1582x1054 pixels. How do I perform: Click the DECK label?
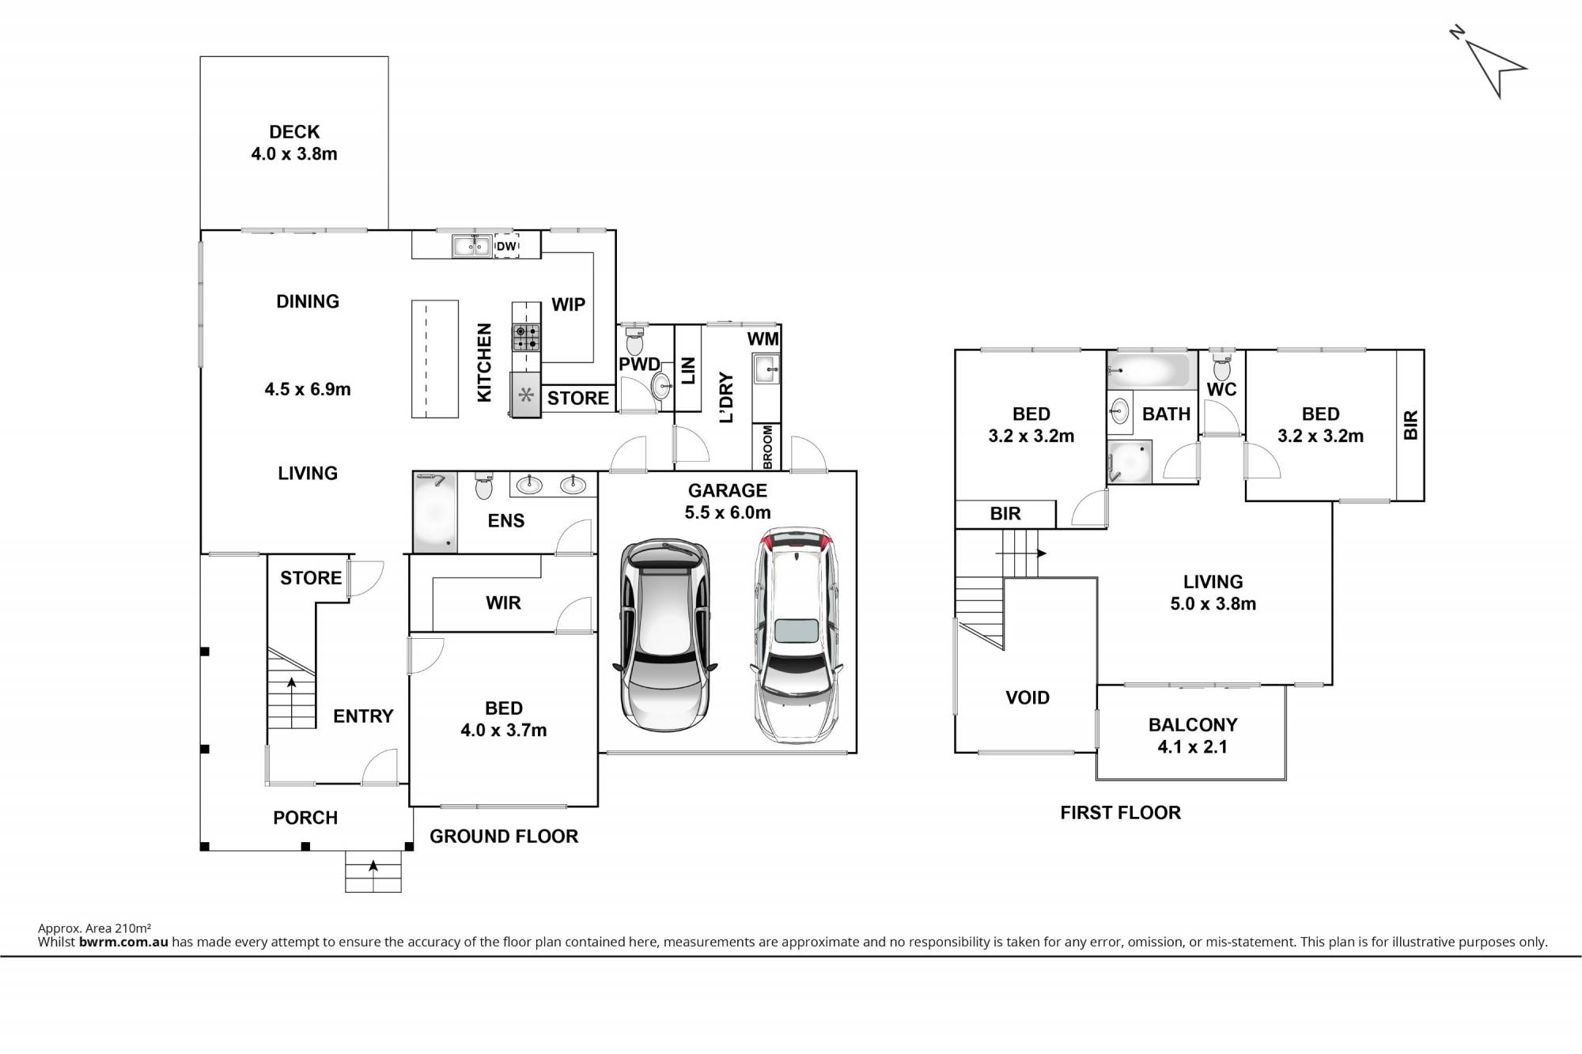294,132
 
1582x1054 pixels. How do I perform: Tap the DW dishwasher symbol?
506,247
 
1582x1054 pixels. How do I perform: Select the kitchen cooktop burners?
526,338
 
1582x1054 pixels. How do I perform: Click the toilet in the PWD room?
634,341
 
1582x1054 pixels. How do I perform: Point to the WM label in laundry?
763,339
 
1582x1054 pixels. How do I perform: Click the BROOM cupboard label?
767,448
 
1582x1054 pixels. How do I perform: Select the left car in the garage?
664,636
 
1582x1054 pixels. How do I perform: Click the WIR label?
503,603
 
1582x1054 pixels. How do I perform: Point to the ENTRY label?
363,716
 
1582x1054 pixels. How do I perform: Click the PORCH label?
305,818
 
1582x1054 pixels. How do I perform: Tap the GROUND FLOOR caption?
504,837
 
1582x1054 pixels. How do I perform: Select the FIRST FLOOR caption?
1120,813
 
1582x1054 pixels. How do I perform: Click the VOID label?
1028,697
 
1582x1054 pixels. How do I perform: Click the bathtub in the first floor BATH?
1149,370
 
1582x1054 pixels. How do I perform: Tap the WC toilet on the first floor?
1222,365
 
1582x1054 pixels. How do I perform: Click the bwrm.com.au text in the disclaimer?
123,942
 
